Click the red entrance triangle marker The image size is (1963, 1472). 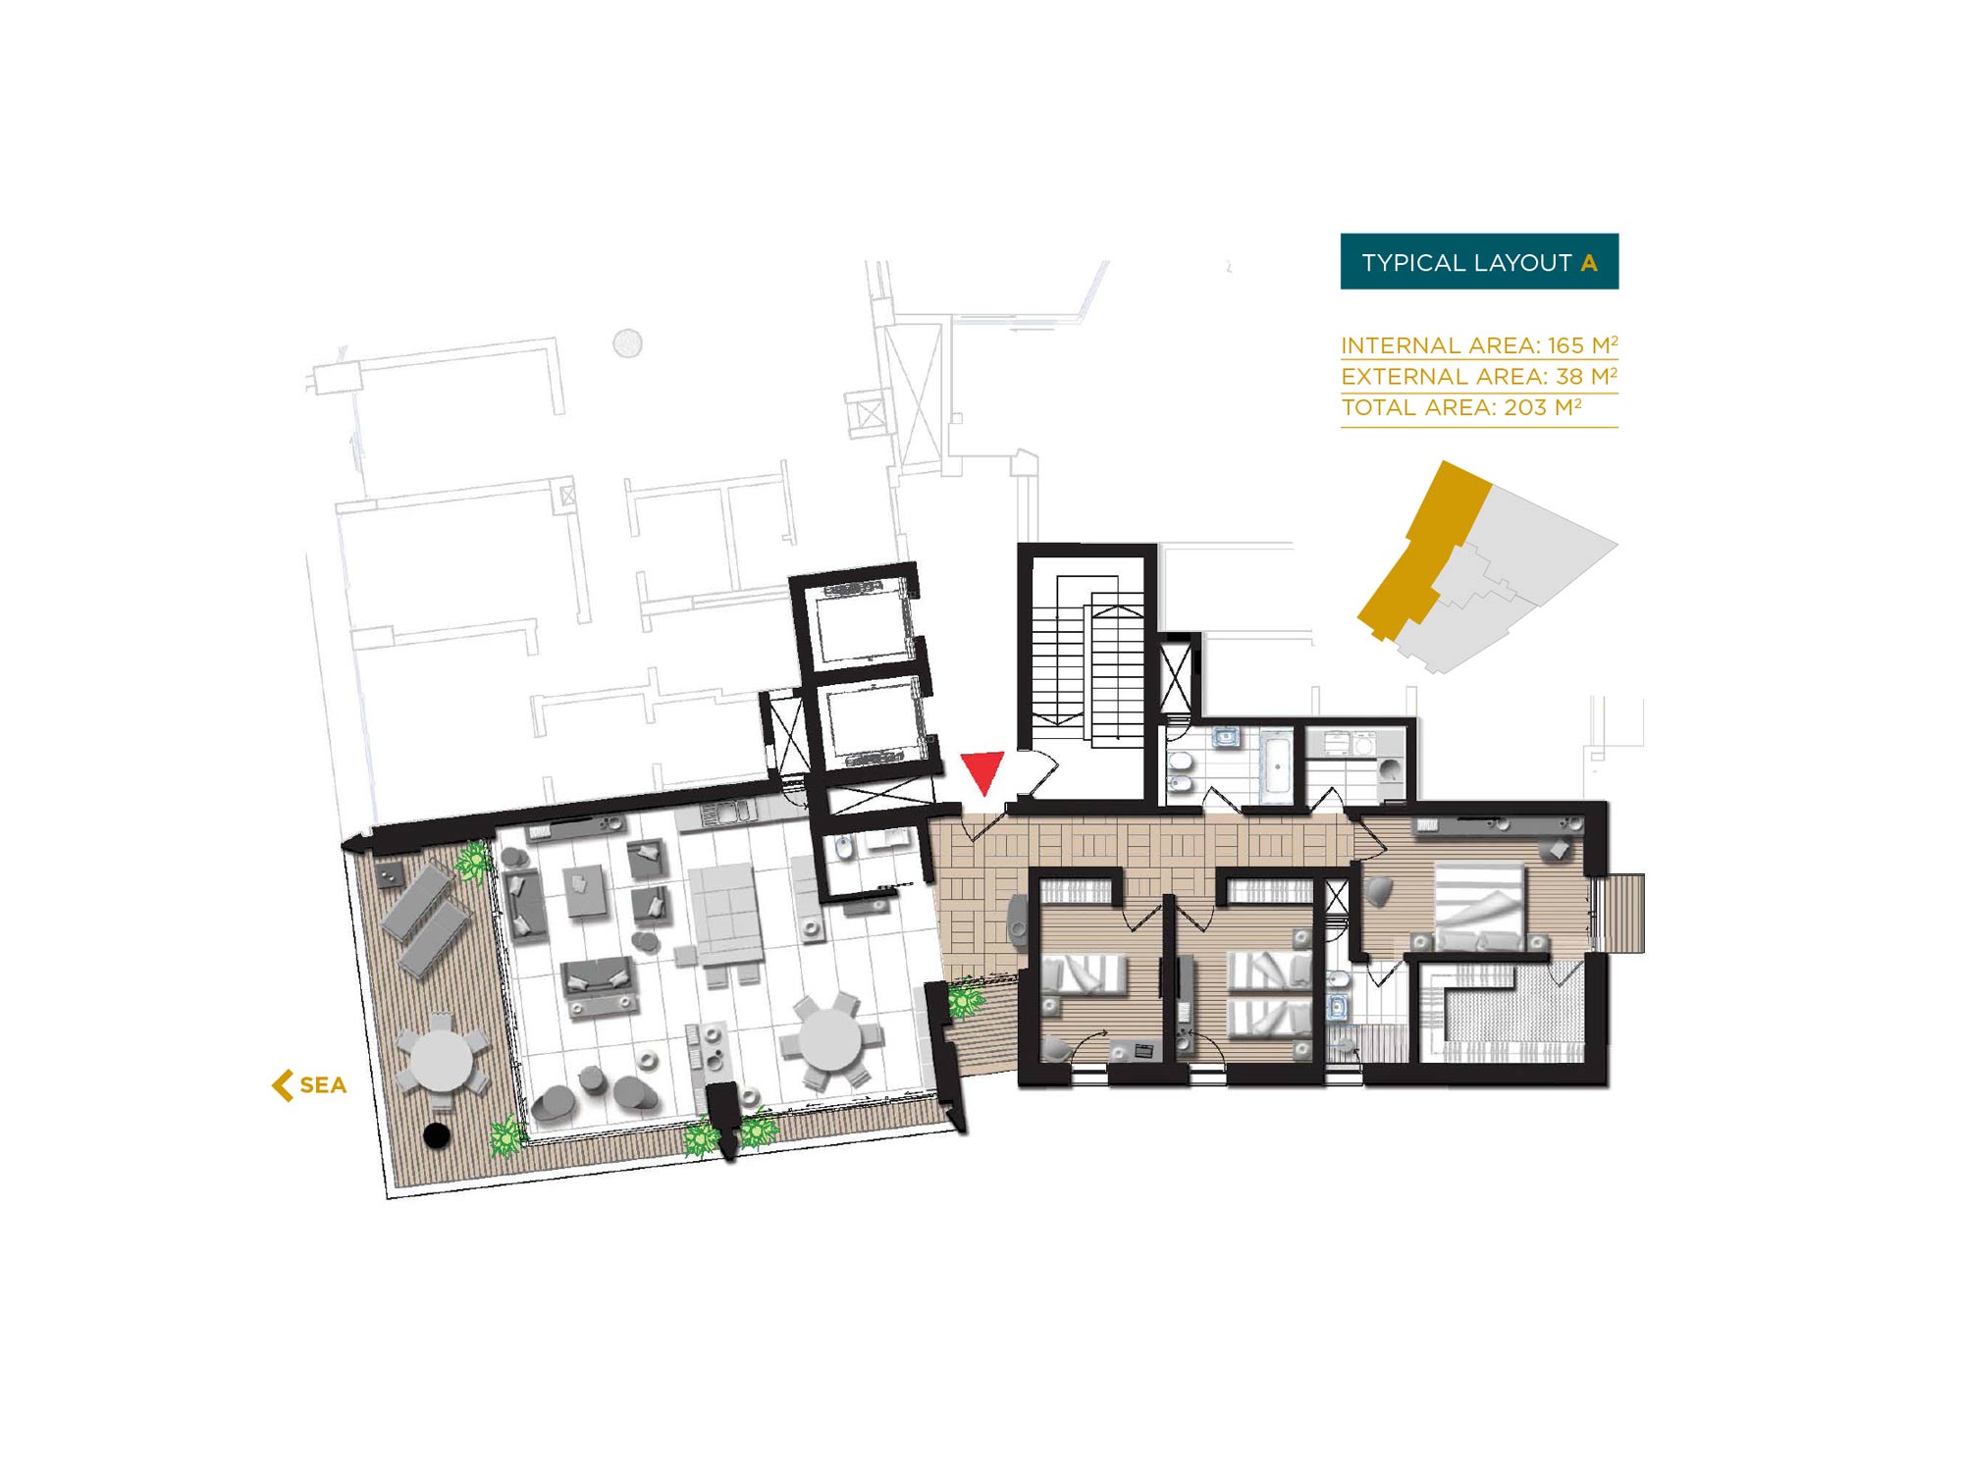(x=982, y=771)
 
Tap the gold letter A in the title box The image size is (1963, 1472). (x=1589, y=263)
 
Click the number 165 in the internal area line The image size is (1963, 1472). (x=1565, y=345)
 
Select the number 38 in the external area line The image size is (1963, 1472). (x=1569, y=377)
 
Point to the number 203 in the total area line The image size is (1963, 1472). (x=1525, y=408)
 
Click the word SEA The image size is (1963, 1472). (x=323, y=1085)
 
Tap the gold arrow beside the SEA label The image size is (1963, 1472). (x=283, y=1085)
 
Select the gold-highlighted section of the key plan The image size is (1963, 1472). (x=1423, y=550)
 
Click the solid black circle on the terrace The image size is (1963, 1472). (x=436, y=1135)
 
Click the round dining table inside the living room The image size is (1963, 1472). (x=831, y=1040)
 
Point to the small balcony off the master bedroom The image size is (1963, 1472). (x=1619, y=913)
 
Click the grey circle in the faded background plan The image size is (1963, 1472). (x=627, y=343)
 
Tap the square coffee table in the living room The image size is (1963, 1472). (x=587, y=890)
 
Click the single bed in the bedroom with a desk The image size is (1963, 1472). (x=1085, y=974)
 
